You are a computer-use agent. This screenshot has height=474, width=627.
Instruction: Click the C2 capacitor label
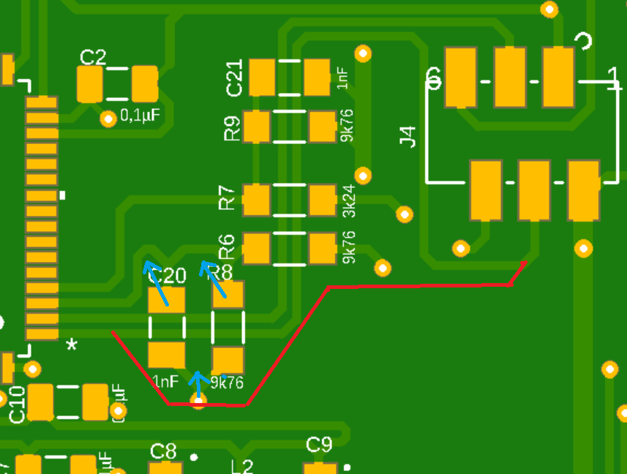93,58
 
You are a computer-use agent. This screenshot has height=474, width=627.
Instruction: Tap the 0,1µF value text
140,116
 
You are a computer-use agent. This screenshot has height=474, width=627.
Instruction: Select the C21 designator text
235,78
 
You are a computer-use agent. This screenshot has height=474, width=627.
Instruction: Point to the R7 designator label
228,199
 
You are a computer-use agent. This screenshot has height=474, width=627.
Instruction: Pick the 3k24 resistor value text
349,200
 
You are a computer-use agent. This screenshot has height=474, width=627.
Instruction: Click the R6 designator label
228,247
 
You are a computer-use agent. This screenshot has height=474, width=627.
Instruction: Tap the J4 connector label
408,137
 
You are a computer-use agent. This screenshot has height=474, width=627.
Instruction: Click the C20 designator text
168,276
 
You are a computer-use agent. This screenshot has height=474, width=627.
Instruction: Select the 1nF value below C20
165,381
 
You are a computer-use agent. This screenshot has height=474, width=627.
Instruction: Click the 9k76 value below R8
227,383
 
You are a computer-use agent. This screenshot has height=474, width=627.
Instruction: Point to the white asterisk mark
72,345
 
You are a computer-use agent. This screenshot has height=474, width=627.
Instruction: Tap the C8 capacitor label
163,451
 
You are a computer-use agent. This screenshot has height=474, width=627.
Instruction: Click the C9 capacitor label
319,444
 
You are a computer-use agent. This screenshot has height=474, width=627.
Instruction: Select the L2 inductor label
242,467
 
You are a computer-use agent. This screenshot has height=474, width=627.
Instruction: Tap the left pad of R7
256,200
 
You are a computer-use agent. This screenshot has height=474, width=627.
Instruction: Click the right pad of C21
317,77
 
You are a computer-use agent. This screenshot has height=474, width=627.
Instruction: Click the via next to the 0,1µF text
108,118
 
